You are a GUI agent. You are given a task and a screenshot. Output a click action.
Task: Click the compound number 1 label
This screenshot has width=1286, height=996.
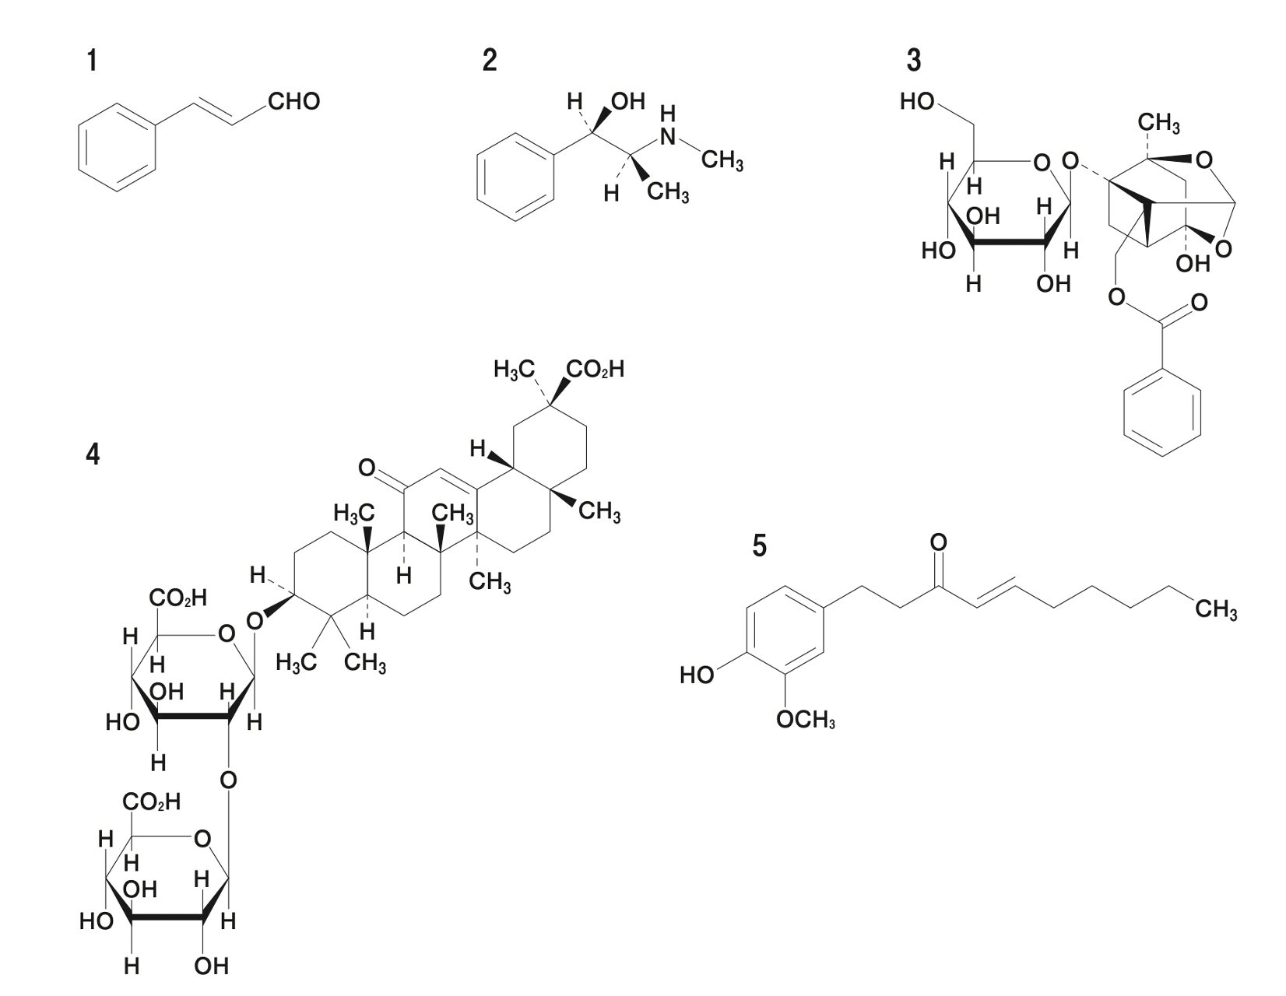93,60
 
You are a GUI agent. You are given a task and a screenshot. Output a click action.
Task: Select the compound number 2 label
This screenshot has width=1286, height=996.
489,60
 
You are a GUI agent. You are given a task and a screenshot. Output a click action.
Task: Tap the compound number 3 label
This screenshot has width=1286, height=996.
914,60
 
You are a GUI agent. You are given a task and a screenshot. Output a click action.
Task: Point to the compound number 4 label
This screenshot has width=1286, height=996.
93,454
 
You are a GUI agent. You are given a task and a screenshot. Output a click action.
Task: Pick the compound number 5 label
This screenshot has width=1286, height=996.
759,546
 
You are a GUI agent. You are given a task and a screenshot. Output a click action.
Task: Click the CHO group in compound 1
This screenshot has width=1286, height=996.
293,102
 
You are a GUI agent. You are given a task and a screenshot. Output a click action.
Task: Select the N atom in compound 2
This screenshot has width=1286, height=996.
668,137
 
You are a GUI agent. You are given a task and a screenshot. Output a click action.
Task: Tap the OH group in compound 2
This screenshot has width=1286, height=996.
629,101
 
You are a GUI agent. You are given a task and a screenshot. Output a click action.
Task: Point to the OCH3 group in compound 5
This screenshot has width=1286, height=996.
806,720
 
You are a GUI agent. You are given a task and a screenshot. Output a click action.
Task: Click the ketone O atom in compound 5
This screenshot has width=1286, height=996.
939,542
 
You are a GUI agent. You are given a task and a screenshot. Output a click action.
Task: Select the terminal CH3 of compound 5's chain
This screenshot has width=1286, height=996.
1216,612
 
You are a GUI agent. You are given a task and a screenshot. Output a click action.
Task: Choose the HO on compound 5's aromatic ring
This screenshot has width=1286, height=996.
697,675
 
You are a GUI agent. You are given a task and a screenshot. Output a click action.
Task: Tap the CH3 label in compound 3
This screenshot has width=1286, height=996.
1158,124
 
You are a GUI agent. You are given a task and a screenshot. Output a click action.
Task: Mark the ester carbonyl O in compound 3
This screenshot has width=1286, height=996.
1200,302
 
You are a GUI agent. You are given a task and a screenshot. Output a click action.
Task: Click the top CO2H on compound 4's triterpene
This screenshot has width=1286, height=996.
596,370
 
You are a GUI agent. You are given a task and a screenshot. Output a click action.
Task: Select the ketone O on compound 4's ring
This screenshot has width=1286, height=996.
367,468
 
